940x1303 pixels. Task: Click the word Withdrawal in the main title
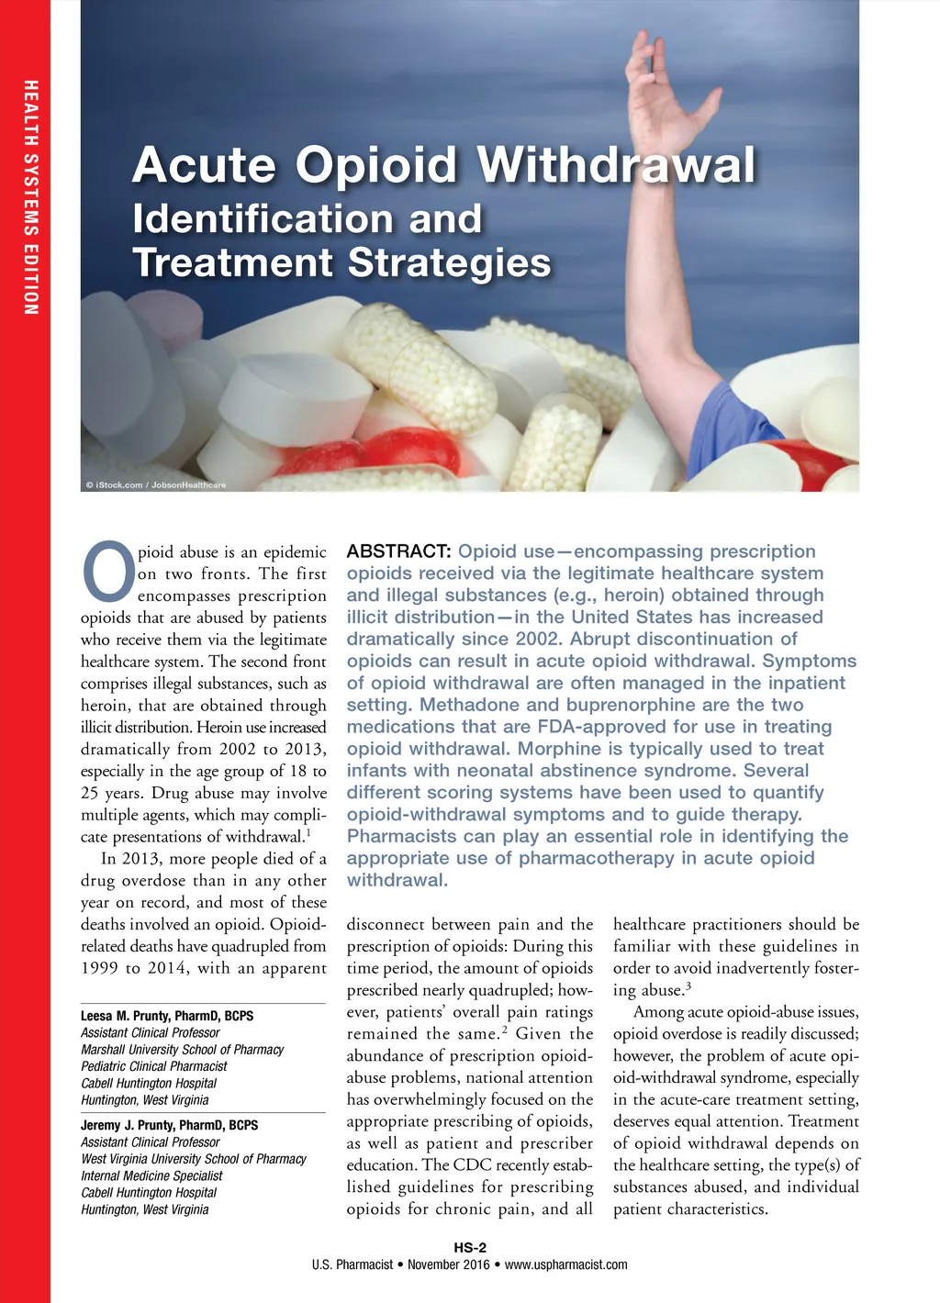pos(617,165)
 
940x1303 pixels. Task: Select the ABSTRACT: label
pos(398,551)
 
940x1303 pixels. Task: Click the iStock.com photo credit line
pos(156,484)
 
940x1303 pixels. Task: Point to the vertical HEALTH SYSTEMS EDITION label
pos(31,197)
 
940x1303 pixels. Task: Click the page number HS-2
pos(470,1247)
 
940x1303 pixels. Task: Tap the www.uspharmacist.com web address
pos(566,1264)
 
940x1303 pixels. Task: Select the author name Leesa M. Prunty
pos(166,1016)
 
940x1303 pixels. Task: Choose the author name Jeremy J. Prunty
pos(169,1125)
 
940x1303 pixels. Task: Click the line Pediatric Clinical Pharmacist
pos(153,1066)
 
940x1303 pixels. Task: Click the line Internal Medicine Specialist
pos(151,1175)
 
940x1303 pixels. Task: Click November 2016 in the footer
pos(449,1264)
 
